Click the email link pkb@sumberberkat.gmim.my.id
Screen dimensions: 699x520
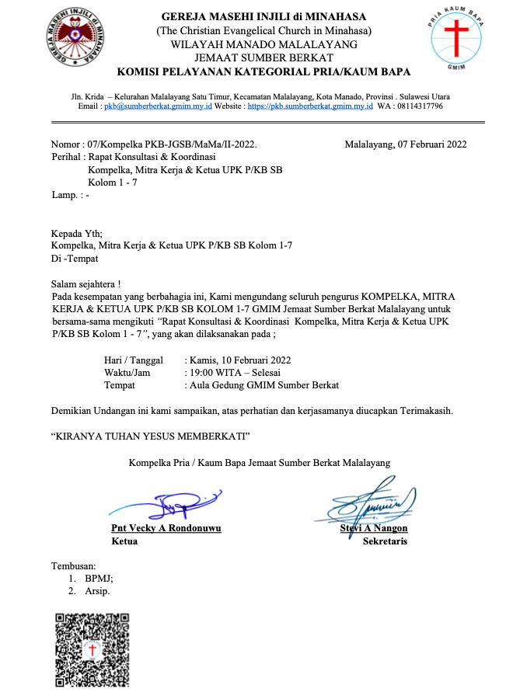tap(158, 106)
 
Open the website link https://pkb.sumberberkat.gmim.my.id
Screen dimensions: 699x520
tap(310, 106)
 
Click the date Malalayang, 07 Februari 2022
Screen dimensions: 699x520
tap(405, 144)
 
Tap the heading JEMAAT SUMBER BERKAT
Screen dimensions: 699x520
tap(263, 57)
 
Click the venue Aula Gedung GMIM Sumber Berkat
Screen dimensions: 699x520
tap(261, 384)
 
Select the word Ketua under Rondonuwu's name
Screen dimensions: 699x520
tap(124, 541)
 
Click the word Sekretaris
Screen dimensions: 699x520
tap(385, 541)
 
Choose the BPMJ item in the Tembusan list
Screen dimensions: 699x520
tap(99, 578)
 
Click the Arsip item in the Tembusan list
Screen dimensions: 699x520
tap(97, 591)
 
